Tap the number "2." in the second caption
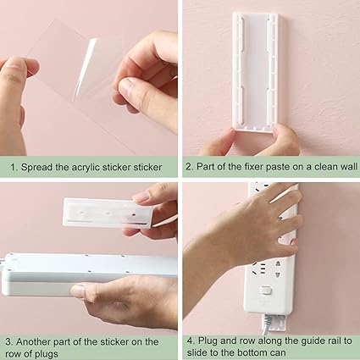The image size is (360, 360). pyautogui.click(x=189, y=166)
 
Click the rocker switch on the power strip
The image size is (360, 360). pyautogui.click(x=265, y=290)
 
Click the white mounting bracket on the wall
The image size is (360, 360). pyautogui.click(x=255, y=72)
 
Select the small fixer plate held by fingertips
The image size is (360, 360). pyautogui.click(x=107, y=213)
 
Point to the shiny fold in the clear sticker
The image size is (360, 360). pyautogui.click(x=84, y=69)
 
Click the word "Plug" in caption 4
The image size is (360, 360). pyautogui.click(x=208, y=341)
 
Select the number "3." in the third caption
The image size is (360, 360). pyautogui.click(x=9, y=341)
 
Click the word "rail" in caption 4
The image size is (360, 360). pyautogui.click(x=332, y=341)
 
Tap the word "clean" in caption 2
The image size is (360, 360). pyautogui.click(x=322, y=166)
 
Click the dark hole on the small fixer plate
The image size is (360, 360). pyautogui.click(x=133, y=215)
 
